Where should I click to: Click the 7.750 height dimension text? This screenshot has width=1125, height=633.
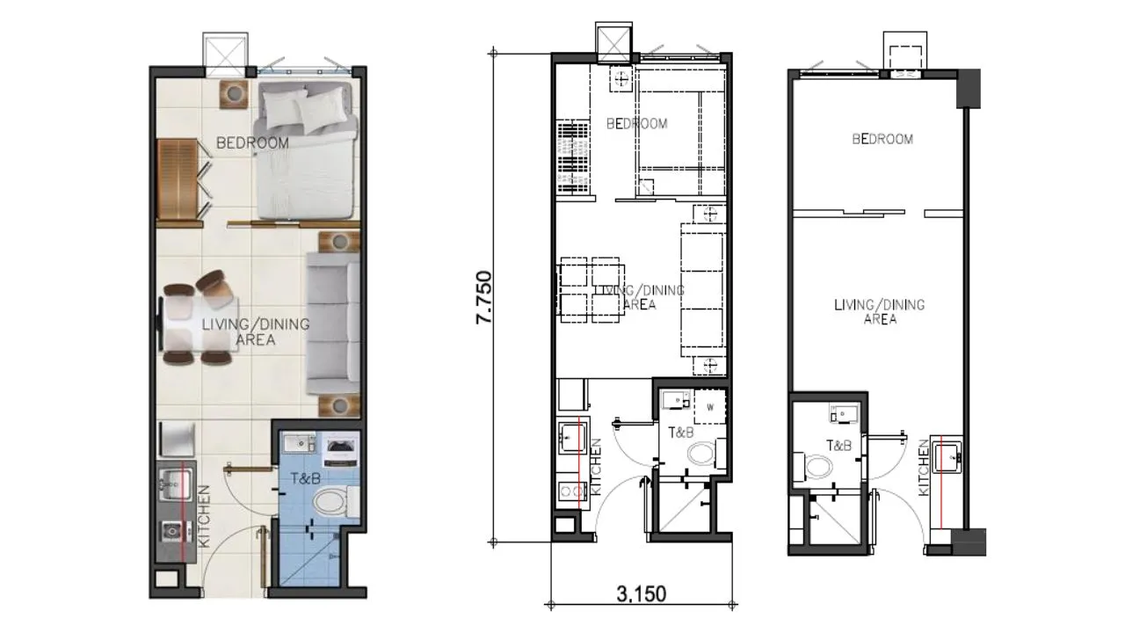(x=484, y=297)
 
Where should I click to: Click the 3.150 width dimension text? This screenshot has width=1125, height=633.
(x=642, y=594)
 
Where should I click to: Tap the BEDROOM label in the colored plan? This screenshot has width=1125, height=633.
(x=252, y=143)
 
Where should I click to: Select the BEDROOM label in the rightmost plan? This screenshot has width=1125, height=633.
(x=882, y=139)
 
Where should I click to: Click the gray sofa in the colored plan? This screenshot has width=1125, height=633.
(x=333, y=323)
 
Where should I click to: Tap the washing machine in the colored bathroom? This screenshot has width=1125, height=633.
(x=340, y=451)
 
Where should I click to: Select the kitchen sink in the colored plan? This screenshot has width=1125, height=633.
(x=175, y=484)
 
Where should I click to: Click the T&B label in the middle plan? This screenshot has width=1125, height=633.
(x=680, y=433)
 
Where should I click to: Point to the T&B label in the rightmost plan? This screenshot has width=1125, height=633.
(x=838, y=445)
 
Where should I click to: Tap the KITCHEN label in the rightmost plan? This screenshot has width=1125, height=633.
(x=924, y=468)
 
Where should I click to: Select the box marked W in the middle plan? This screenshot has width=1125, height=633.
(x=710, y=407)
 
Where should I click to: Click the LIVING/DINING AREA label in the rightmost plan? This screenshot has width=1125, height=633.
(x=880, y=311)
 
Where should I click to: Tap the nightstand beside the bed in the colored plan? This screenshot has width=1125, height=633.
(x=234, y=94)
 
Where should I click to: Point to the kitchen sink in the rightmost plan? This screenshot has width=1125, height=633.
(x=947, y=456)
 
